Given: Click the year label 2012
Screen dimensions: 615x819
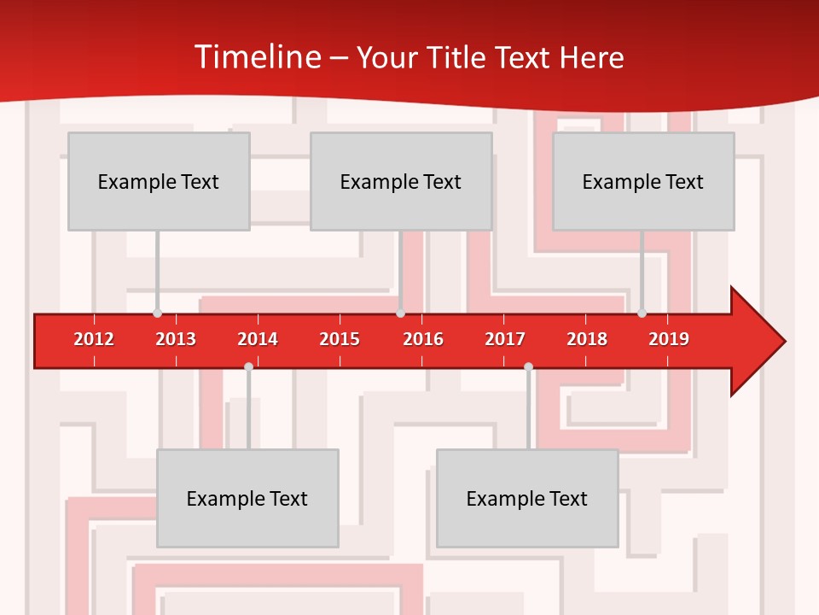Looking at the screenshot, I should point(94,339).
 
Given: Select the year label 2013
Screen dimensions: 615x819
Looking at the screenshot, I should point(176,339).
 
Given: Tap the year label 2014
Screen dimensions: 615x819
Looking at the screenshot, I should point(258,339).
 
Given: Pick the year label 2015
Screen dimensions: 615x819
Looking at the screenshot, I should point(340,339).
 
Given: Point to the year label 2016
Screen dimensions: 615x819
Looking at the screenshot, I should point(423,339).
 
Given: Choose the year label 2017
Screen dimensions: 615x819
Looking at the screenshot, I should point(505,339).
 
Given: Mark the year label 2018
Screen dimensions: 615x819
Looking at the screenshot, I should point(587,339).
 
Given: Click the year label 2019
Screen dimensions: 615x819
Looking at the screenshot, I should point(669,339).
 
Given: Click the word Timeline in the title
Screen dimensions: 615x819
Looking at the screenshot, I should point(256,57).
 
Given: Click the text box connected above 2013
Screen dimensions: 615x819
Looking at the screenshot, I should point(159,181).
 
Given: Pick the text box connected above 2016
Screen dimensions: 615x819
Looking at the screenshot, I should point(401,181).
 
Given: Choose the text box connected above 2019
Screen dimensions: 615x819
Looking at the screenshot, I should point(643,181).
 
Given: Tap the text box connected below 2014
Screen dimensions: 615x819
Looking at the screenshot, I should point(247,498).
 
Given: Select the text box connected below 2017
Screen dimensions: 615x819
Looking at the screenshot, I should point(527,498).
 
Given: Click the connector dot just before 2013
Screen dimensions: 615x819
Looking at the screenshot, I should point(157,313).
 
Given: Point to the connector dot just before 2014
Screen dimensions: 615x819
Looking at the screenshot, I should point(248,366).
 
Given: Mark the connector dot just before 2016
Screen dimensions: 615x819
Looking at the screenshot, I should point(400,313).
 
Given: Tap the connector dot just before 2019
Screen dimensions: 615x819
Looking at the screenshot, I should point(642,313).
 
